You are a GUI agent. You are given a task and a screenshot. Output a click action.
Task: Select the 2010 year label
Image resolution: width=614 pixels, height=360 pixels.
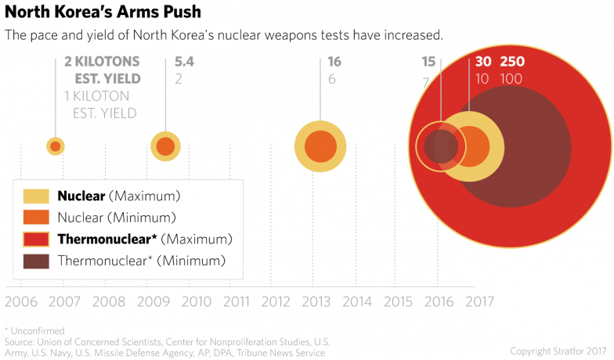[x=196, y=301]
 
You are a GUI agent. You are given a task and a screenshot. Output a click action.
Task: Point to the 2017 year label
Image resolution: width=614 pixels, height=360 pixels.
[x=479, y=301]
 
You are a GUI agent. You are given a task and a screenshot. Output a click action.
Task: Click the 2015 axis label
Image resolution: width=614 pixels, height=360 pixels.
[x=398, y=301]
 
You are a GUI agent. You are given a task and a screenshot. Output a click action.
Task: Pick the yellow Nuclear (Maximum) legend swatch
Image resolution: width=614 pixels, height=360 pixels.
[x=36, y=195]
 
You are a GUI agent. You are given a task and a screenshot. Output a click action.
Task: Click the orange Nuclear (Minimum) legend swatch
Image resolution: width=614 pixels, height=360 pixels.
[x=36, y=217]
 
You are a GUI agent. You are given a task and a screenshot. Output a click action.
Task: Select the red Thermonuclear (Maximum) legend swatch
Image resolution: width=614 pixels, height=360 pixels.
[x=36, y=239]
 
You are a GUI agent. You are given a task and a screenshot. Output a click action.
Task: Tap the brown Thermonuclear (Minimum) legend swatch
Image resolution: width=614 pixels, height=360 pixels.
[x=36, y=261]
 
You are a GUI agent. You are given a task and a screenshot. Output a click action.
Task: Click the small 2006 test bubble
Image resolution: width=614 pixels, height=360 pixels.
[x=55, y=146]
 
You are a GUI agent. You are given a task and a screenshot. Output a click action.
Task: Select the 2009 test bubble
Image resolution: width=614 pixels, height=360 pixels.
[x=165, y=146]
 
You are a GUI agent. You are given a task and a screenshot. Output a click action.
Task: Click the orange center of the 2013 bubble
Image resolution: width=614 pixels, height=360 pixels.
[x=320, y=146]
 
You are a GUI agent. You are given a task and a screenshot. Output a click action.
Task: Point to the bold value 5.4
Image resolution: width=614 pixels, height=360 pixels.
[x=183, y=62]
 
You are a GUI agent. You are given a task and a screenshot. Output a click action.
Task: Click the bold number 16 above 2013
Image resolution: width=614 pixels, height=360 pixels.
[x=334, y=62]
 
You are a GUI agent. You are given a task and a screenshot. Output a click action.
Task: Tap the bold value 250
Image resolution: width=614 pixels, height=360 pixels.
[x=512, y=62]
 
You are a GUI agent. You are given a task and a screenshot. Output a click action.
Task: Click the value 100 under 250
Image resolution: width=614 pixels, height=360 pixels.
[x=511, y=79]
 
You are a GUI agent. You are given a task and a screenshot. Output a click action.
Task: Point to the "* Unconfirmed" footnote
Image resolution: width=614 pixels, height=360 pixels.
[x=34, y=331]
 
